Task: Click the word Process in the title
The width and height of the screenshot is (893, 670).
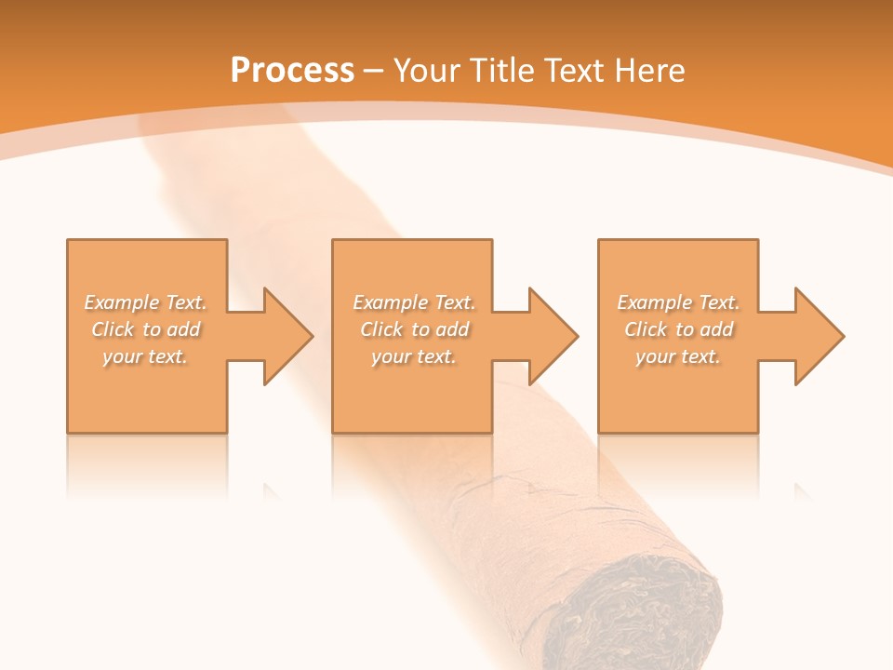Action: [x=292, y=71]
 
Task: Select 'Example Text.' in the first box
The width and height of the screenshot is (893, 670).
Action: [x=145, y=302]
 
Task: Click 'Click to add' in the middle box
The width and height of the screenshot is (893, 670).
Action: [x=414, y=329]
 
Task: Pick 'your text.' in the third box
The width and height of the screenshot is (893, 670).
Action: [x=677, y=356]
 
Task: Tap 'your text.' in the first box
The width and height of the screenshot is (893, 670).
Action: [x=145, y=356]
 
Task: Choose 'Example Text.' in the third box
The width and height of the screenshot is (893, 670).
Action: [x=678, y=302]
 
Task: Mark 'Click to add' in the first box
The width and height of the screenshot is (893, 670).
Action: [x=145, y=329]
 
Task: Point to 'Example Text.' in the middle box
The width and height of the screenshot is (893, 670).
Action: [x=414, y=302]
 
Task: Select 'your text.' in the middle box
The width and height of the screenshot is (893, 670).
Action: [x=414, y=356]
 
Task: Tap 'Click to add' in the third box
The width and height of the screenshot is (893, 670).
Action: [x=678, y=329]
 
